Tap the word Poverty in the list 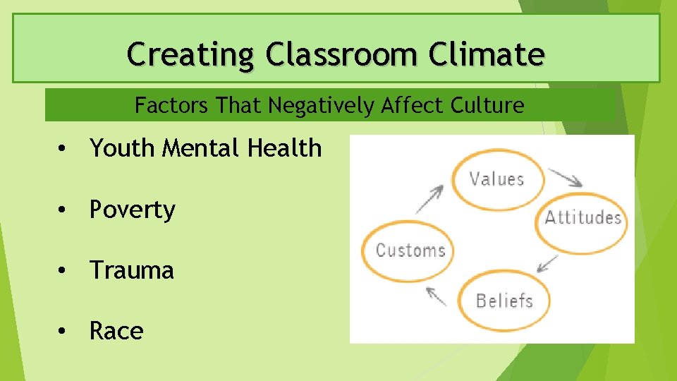tap(132, 210)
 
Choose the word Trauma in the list tap(131, 270)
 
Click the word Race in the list tap(116, 331)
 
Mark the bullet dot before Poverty tap(63, 210)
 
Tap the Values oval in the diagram tap(497, 179)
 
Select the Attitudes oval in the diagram tap(583, 217)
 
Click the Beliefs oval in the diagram tap(504, 301)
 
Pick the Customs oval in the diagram tap(410, 250)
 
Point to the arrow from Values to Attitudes tap(566, 176)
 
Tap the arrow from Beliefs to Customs tap(437, 296)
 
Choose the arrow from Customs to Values tap(429, 198)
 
